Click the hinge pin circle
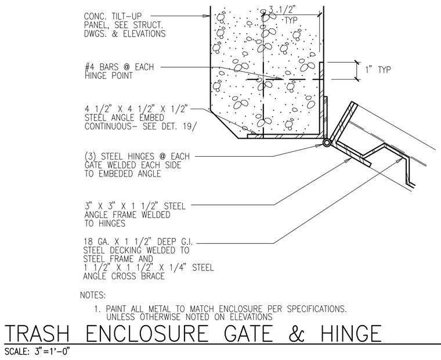tap(327, 143)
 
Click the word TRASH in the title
tap(37, 334)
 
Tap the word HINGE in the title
tap(351, 334)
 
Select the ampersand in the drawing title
tap(296, 334)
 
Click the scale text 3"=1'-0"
tap(52, 351)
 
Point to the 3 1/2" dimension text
tap(281, 10)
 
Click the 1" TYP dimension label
tap(378, 70)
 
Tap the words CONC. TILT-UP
tap(113, 16)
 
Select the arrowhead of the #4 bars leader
tap(279, 78)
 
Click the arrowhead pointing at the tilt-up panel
tap(207, 16)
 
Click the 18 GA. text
tap(97, 242)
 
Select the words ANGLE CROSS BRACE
tap(124, 276)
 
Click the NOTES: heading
tap(93, 296)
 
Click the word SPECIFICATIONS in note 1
tap(317, 309)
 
